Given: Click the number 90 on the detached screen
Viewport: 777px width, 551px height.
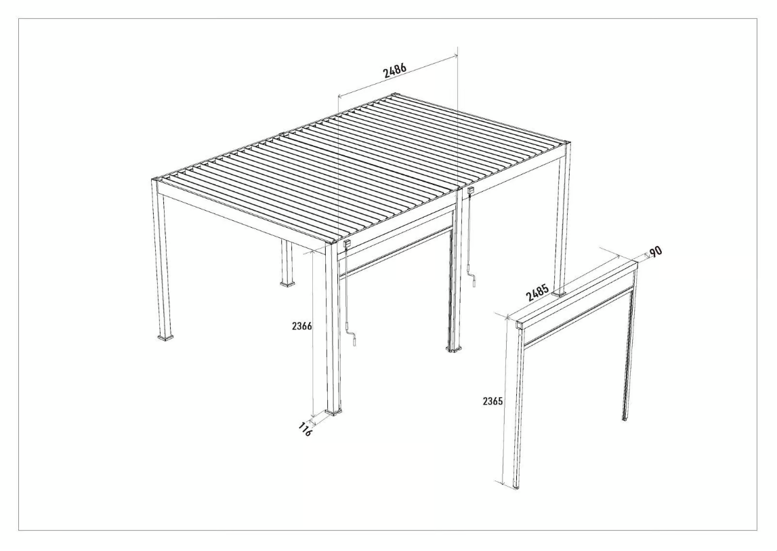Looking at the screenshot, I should pos(655,252).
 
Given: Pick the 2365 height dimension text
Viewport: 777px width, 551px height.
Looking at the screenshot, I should pos(492,401).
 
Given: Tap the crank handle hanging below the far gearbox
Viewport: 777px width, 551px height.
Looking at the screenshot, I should pos(475,281).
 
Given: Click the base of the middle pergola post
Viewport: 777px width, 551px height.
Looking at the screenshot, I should pos(454,348).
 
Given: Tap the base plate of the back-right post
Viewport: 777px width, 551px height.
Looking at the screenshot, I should pos(560,293).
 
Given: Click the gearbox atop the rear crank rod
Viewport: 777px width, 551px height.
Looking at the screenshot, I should pos(469,194).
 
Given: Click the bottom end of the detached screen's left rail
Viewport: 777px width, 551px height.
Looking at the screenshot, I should pos(517,485).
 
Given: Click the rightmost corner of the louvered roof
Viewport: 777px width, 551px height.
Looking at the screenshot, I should pos(568,143).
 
